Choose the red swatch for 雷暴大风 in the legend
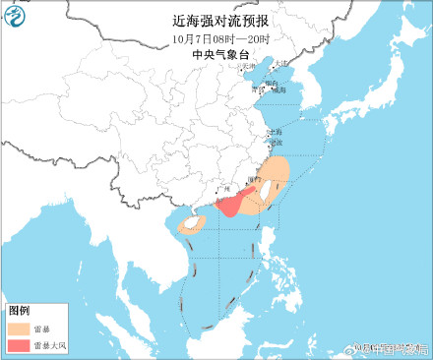coord(20,346)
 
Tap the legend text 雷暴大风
coord(52,346)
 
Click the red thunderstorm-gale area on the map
coord(229,204)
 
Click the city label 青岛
coord(259,89)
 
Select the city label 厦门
coord(258,181)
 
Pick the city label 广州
coord(221,188)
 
